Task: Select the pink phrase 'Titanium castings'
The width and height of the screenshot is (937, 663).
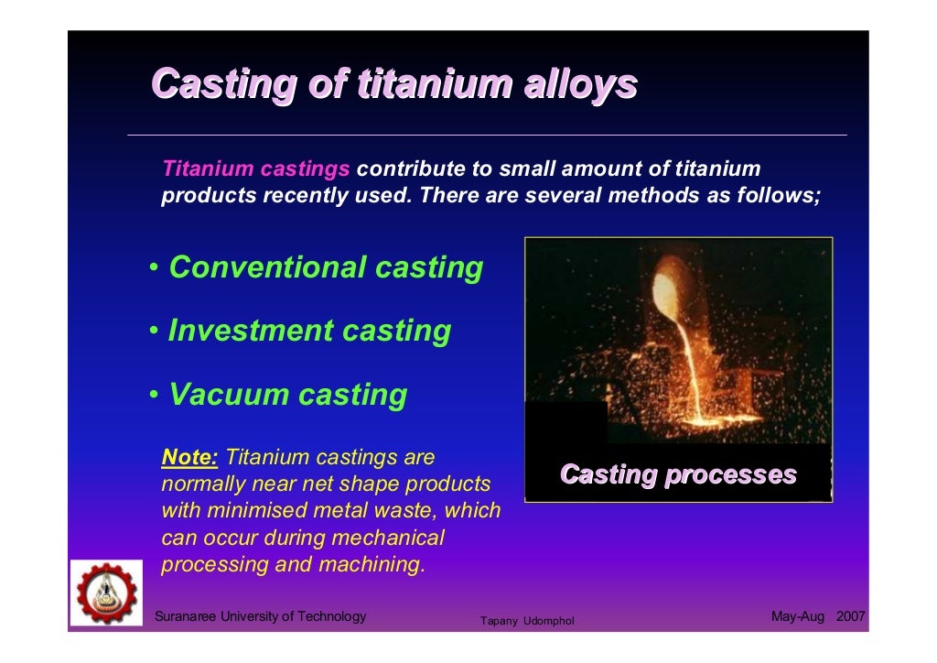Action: click(x=255, y=169)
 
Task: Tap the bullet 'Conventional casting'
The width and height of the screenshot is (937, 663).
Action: click(x=326, y=267)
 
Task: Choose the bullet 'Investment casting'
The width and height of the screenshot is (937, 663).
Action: click(x=309, y=331)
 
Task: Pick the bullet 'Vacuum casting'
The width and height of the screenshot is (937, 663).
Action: click(x=287, y=395)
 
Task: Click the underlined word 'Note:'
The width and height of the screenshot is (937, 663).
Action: click(x=189, y=457)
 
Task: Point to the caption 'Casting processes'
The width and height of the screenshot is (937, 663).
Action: click(x=677, y=474)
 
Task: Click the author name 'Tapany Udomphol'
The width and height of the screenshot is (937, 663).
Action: click(x=527, y=622)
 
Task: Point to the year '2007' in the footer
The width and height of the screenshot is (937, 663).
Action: click(x=850, y=616)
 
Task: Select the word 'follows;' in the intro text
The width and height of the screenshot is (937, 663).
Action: click(x=778, y=196)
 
